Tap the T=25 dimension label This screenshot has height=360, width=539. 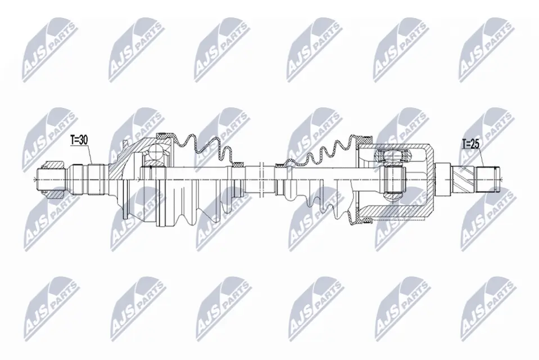point(470,144)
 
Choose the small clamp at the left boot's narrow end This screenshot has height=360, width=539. point(238,165)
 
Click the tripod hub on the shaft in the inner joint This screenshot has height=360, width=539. point(392,179)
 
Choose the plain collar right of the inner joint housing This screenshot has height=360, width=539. point(442,179)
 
